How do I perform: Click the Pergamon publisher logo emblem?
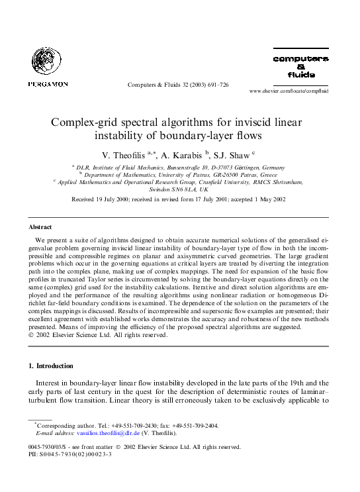pyautogui.click(x=47, y=63)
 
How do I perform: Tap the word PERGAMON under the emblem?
pyautogui.click(x=48, y=84)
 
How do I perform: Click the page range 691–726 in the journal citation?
pyautogui.click(x=216, y=85)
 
